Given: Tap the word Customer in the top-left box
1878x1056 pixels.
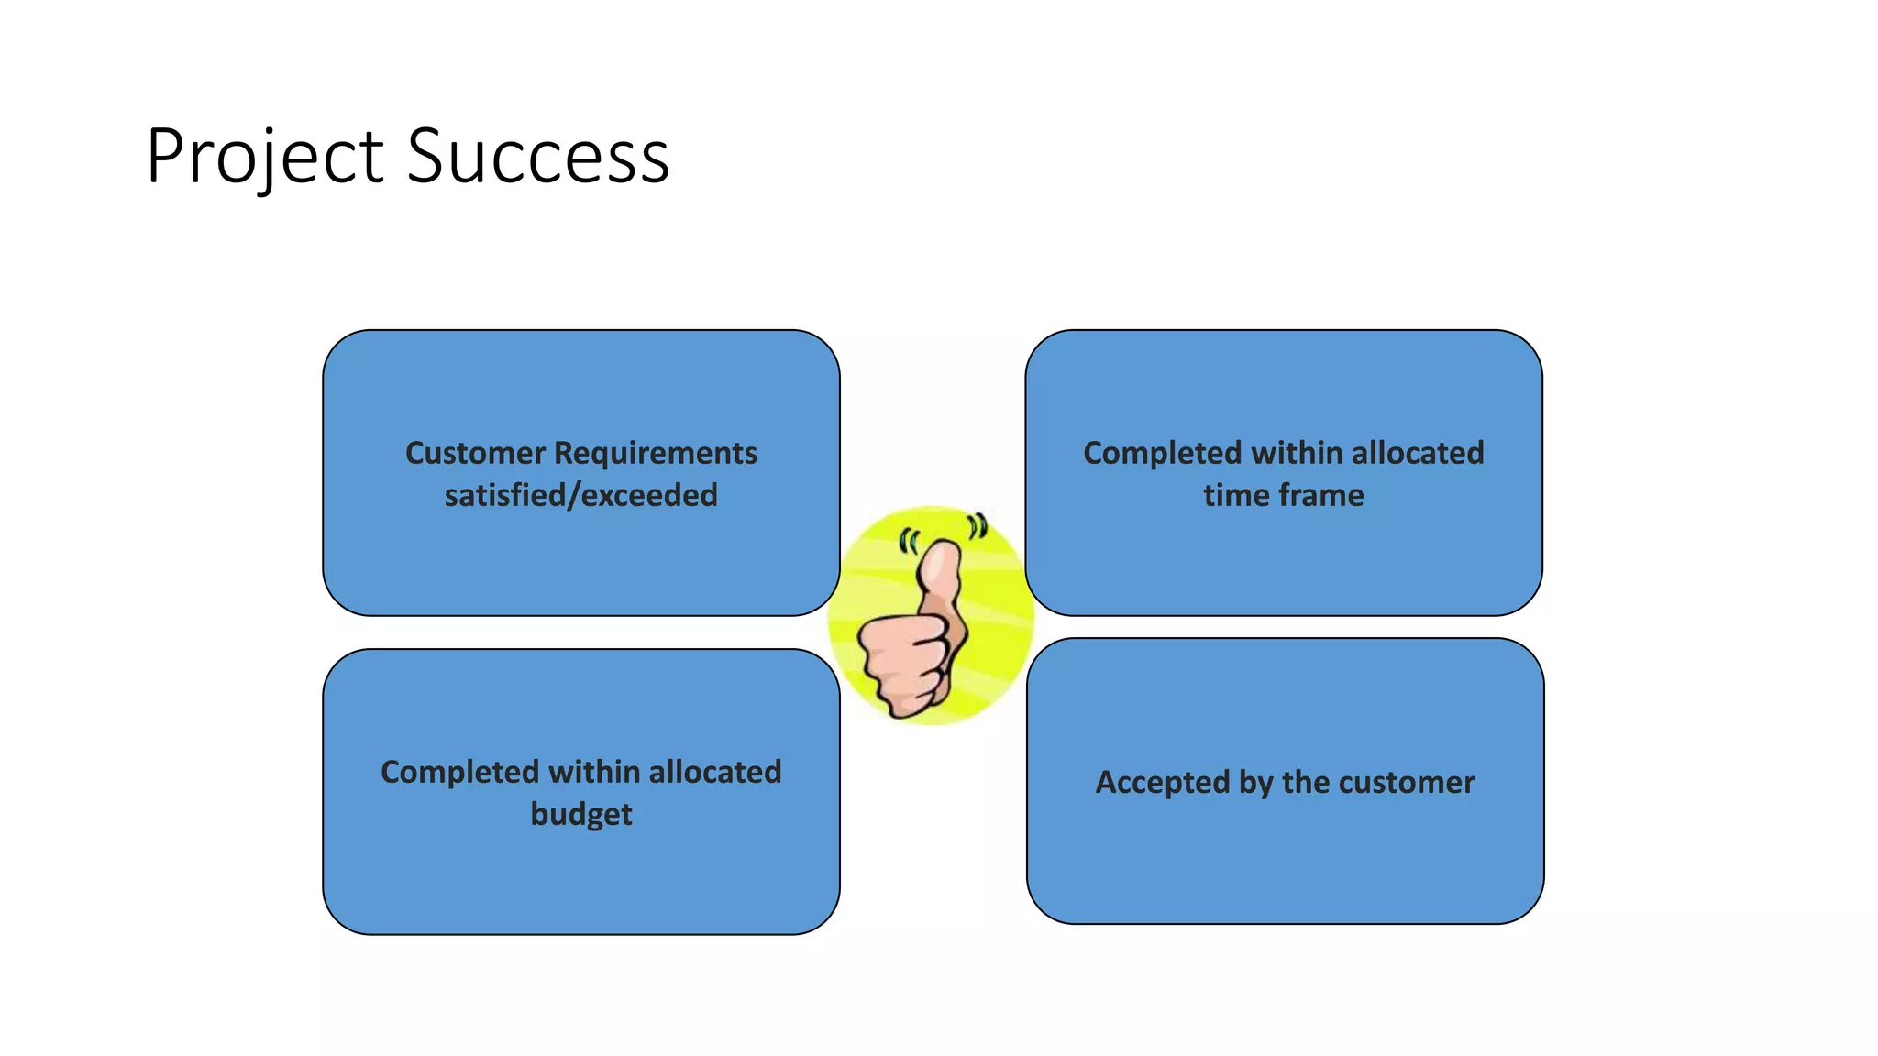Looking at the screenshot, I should pyautogui.click(x=475, y=453).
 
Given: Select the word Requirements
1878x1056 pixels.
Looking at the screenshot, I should pyautogui.click(x=656, y=453).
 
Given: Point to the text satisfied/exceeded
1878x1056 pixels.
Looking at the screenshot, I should pyautogui.click(x=580, y=496).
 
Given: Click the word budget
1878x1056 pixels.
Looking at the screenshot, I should pyautogui.click(x=580, y=815).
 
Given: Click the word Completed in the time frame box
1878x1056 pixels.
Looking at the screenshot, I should pyautogui.click(x=1162, y=453).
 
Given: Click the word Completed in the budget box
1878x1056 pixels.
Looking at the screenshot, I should pyautogui.click(x=459, y=772).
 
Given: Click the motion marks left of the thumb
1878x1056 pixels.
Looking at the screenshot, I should pyautogui.click(x=908, y=542).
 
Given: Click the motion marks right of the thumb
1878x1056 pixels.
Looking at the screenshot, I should pyautogui.click(x=978, y=526).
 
